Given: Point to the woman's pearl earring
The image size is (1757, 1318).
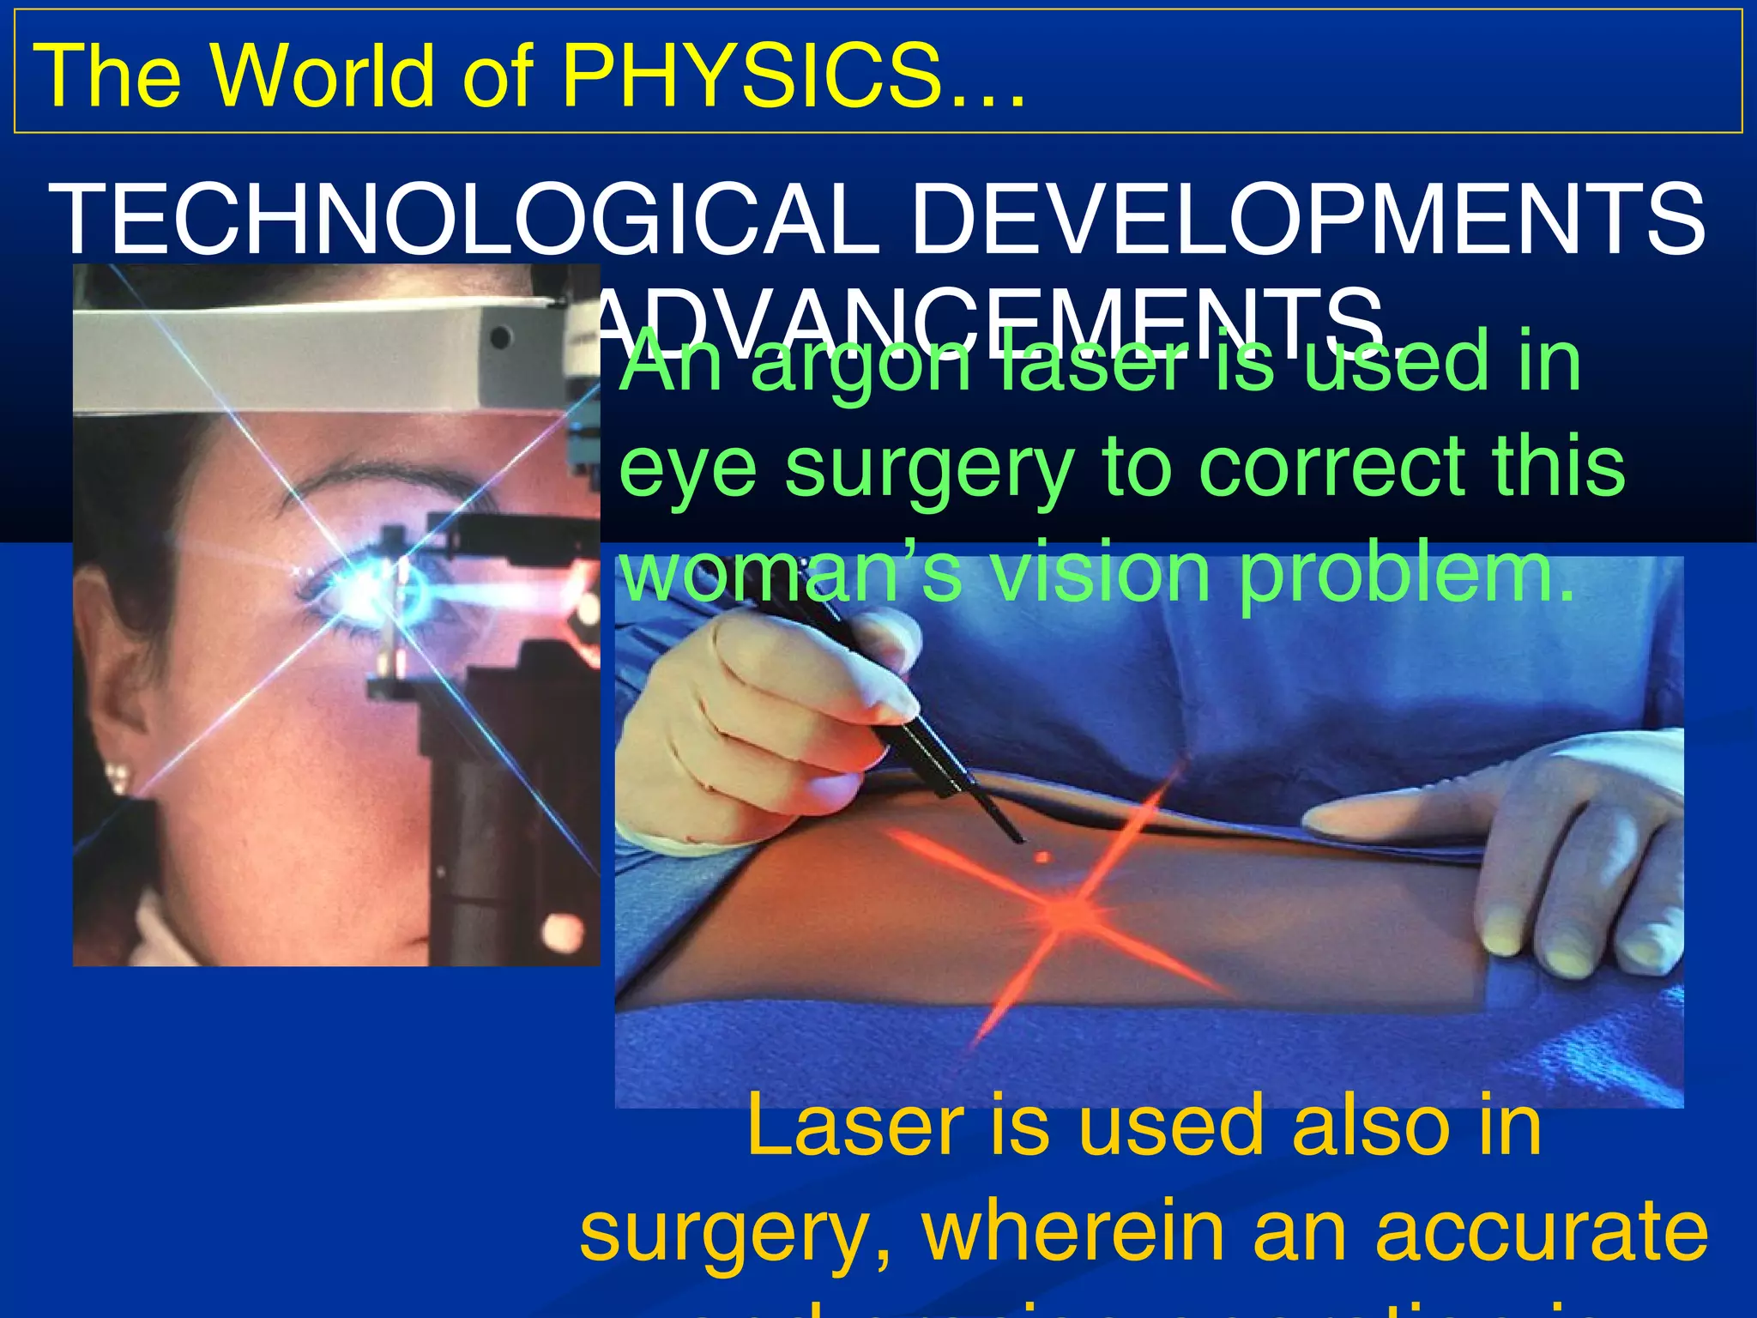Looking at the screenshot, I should point(118,777).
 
